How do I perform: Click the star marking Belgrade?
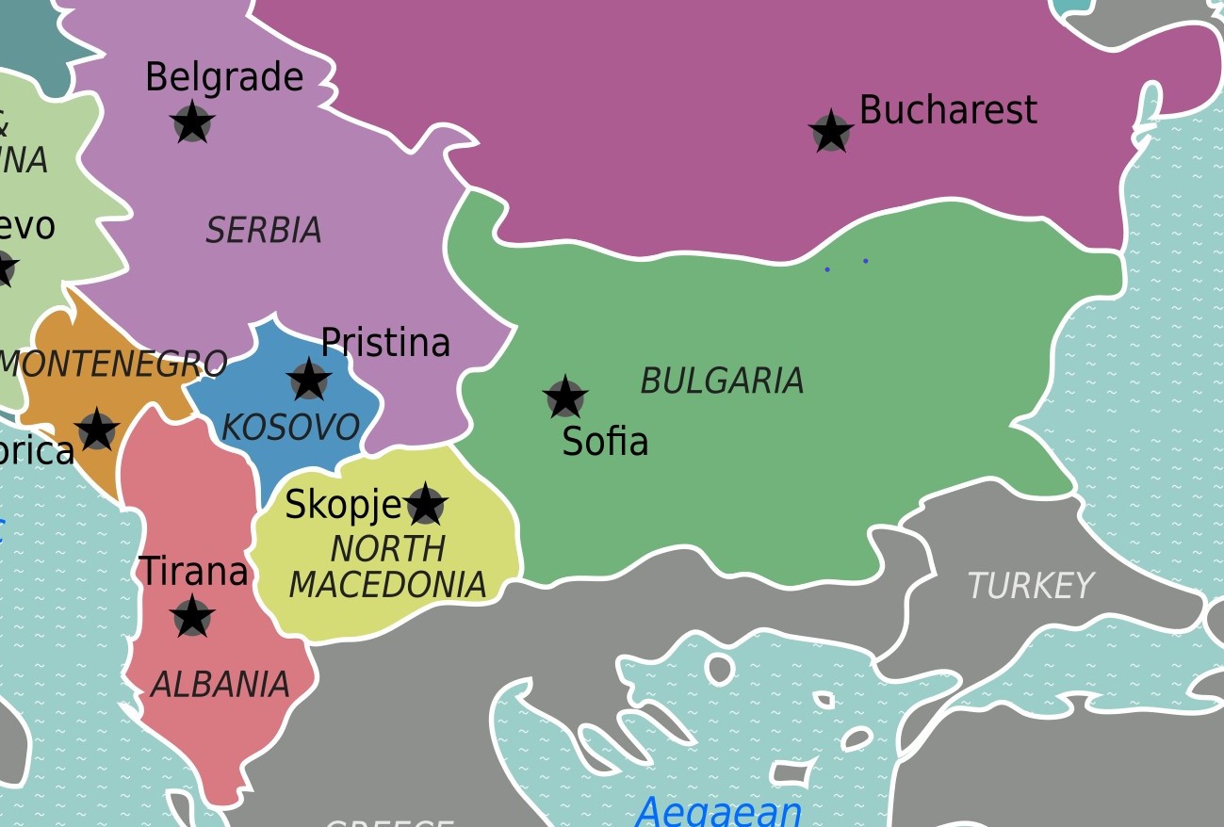(x=192, y=122)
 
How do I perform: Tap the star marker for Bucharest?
(x=830, y=132)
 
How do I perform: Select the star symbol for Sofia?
(x=565, y=397)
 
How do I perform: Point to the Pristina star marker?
(x=309, y=381)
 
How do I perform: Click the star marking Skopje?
(x=425, y=506)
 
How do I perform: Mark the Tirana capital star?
(x=192, y=617)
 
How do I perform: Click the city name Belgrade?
(x=224, y=77)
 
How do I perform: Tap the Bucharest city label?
(x=947, y=110)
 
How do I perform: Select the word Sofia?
(x=605, y=441)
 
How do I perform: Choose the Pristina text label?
(x=385, y=342)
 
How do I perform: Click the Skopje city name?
(x=344, y=506)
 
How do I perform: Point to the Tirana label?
(x=193, y=571)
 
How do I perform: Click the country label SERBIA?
(x=264, y=230)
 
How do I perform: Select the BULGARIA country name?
(x=722, y=381)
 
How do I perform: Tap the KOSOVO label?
(x=290, y=428)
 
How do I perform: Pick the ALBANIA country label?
(x=220, y=685)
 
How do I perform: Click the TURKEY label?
(x=1030, y=586)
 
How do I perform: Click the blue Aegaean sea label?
(x=718, y=810)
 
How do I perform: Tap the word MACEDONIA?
(x=387, y=584)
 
